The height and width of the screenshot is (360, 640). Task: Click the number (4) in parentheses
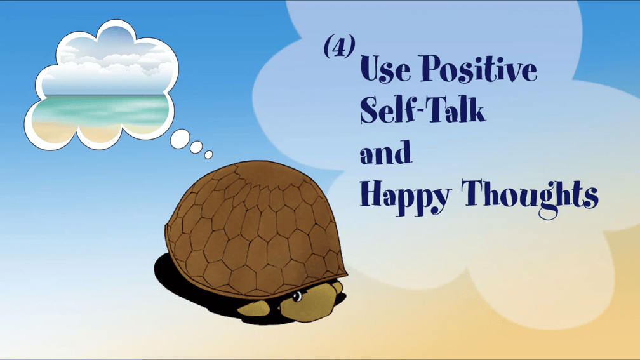[339, 46]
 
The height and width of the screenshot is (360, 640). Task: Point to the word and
[386, 152]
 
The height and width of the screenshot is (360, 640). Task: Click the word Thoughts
[530, 197]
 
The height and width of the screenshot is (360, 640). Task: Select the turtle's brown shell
[255, 229]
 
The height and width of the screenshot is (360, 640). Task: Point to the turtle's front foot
[253, 309]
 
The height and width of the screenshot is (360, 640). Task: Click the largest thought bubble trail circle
[180, 139]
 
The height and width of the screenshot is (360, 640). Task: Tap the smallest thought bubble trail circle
[208, 155]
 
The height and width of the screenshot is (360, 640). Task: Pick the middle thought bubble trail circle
[196, 147]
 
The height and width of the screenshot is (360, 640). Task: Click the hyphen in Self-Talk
[415, 110]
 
